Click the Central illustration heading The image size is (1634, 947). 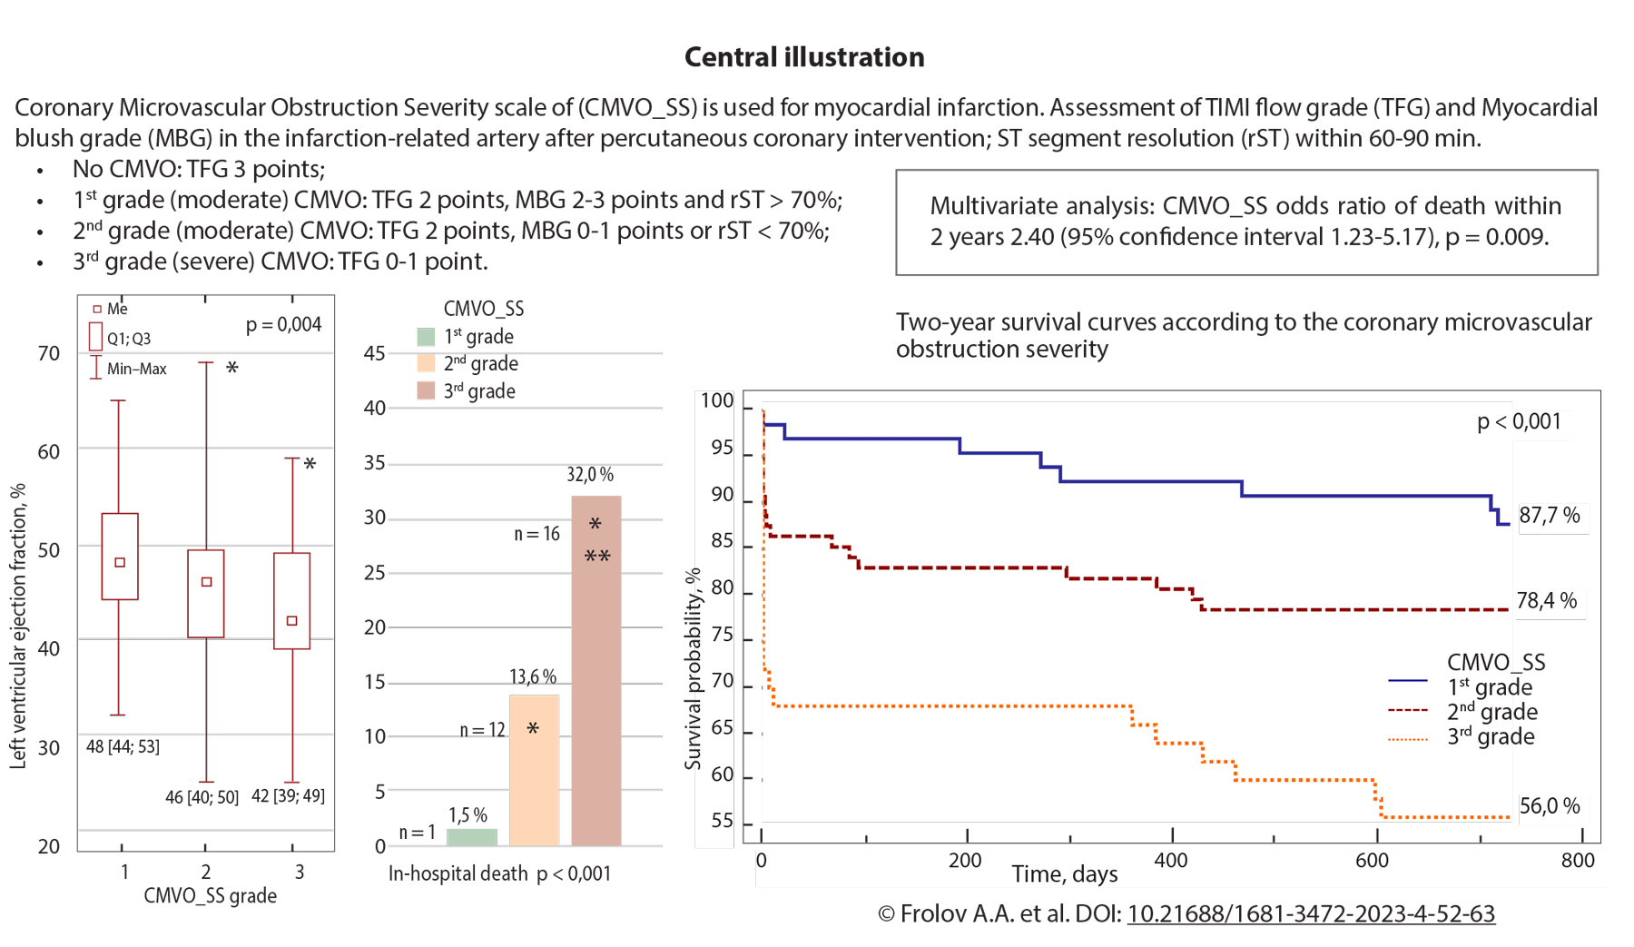point(804,57)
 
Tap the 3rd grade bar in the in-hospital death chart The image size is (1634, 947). point(596,672)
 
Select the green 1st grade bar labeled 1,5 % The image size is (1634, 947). point(472,837)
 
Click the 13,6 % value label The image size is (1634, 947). point(533,676)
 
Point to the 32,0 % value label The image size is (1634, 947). point(590,474)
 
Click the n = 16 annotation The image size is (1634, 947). point(536,534)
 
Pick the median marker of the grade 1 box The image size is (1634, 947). point(120,563)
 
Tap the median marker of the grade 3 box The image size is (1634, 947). point(292,621)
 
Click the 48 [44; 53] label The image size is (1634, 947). point(123,746)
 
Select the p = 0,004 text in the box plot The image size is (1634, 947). point(283,325)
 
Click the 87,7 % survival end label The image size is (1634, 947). point(1550,516)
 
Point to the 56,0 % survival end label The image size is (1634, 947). point(1550,806)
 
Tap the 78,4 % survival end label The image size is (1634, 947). point(1547,601)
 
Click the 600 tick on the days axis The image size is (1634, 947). point(1372,861)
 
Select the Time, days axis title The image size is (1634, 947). point(1065,874)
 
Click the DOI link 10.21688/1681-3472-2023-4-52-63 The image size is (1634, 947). point(1311,914)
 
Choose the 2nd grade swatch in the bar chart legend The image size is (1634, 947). point(426,364)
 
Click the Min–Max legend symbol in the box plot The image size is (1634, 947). point(95,368)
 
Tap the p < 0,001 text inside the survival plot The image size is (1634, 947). point(1519,421)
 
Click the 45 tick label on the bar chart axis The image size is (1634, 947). point(374,353)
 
